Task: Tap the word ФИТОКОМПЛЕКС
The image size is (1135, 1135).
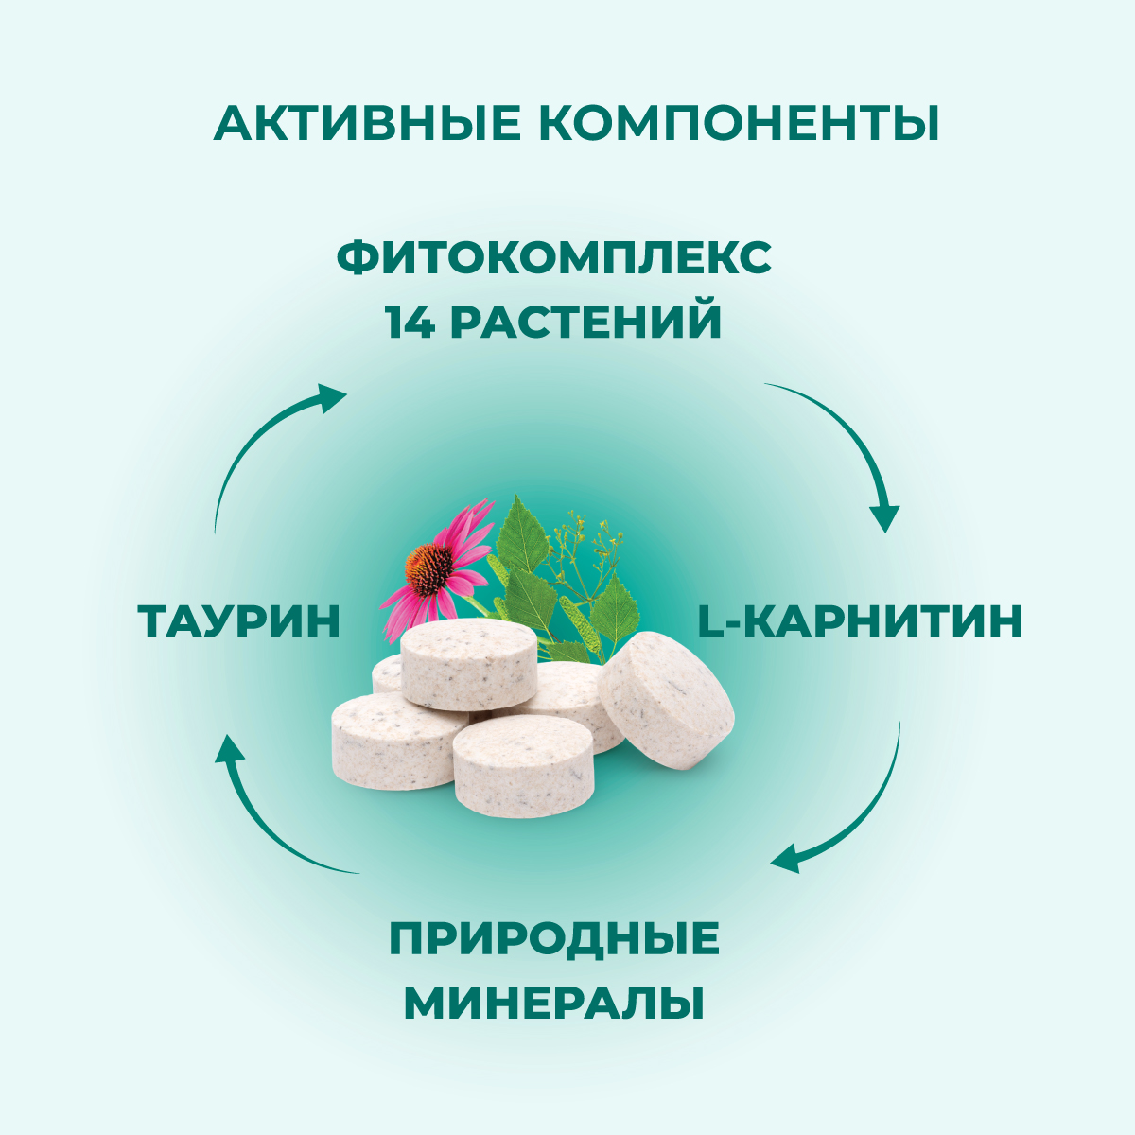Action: [x=553, y=258]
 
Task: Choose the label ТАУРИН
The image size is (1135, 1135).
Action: [x=238, y=621]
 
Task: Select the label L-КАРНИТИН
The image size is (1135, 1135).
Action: [x=860, y=621]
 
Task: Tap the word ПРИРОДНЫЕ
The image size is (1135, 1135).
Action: [x=554, y=940]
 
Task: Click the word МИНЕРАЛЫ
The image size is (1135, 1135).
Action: [x=554, y=1004]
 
